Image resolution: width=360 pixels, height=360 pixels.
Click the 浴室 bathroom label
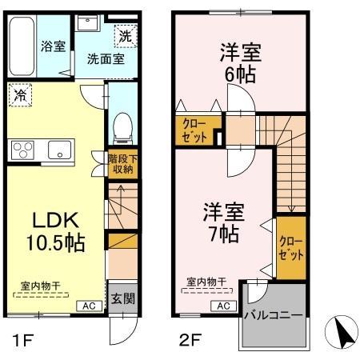tap(52, 47)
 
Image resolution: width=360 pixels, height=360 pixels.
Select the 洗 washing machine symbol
tap(126, 34)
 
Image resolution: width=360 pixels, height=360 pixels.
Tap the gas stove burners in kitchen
tap(23, 149)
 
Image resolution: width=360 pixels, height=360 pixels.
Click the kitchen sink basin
tap(59, 149)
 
